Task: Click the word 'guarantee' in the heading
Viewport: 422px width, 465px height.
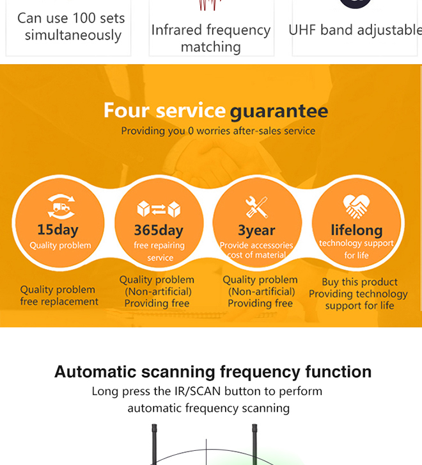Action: coord(279,111)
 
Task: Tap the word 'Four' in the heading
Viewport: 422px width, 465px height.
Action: coord(127,110)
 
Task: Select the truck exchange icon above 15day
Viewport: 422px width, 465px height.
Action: coord(61,206)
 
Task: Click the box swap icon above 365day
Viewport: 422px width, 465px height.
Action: coord(159,209)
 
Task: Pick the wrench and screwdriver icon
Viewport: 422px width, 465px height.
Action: coord(256,207)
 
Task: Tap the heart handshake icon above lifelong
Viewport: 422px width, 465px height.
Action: coord(356,206)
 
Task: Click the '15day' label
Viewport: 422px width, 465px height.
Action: coord(58,230)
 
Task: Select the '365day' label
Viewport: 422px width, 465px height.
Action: coord(159,231)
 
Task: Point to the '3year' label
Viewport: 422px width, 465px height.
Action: coord(256,231)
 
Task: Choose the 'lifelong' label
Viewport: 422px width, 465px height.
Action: coord(357,230)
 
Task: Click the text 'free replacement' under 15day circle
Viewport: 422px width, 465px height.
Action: coord(59,302)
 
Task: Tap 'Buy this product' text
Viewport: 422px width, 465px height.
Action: coord(359,282)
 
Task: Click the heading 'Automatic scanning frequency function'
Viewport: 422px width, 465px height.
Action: coord(213,371)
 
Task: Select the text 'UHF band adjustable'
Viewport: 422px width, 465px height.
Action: coord(355,30)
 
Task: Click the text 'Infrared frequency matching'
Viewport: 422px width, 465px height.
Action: coord(211,38)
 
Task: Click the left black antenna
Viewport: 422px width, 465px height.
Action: coord(154,445)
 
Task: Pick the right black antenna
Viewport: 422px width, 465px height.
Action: coord(254,445)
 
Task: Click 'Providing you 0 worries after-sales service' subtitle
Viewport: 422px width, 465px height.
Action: coord(218,131)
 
